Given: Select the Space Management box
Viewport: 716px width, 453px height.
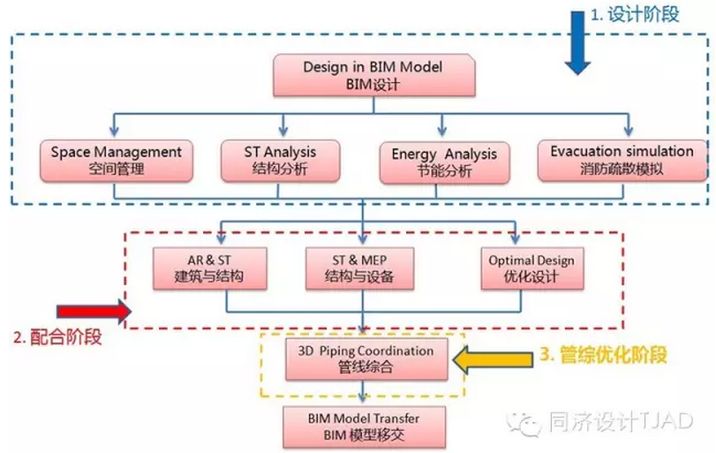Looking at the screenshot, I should pyautogui.click(x=116, y=160).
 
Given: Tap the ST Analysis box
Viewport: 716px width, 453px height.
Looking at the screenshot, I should pyautogui.click(x=280, y=160).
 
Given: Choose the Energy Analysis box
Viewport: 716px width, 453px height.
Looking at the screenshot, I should pyautogui.click(x=444, y=162).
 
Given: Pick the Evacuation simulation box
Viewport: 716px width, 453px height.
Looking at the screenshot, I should pyautogui.click(x=622, y=160).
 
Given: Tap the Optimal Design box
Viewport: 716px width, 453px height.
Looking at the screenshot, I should pyautogui.click(x=531, y=268).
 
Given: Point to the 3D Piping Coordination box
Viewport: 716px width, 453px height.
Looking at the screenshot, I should pyautogui.click(x=365, y=359).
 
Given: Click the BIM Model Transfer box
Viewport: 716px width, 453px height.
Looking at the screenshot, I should pyautogui.click(x=364, y=426).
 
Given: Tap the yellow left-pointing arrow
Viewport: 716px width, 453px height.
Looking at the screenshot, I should pyautogui.click(x=491, y=359).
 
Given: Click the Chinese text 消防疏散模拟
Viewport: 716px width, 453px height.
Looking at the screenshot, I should pyautogui.click(x=622, y=170).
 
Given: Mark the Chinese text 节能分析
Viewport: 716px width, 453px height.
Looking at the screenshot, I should pyautogui.click(x=444, y=171).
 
